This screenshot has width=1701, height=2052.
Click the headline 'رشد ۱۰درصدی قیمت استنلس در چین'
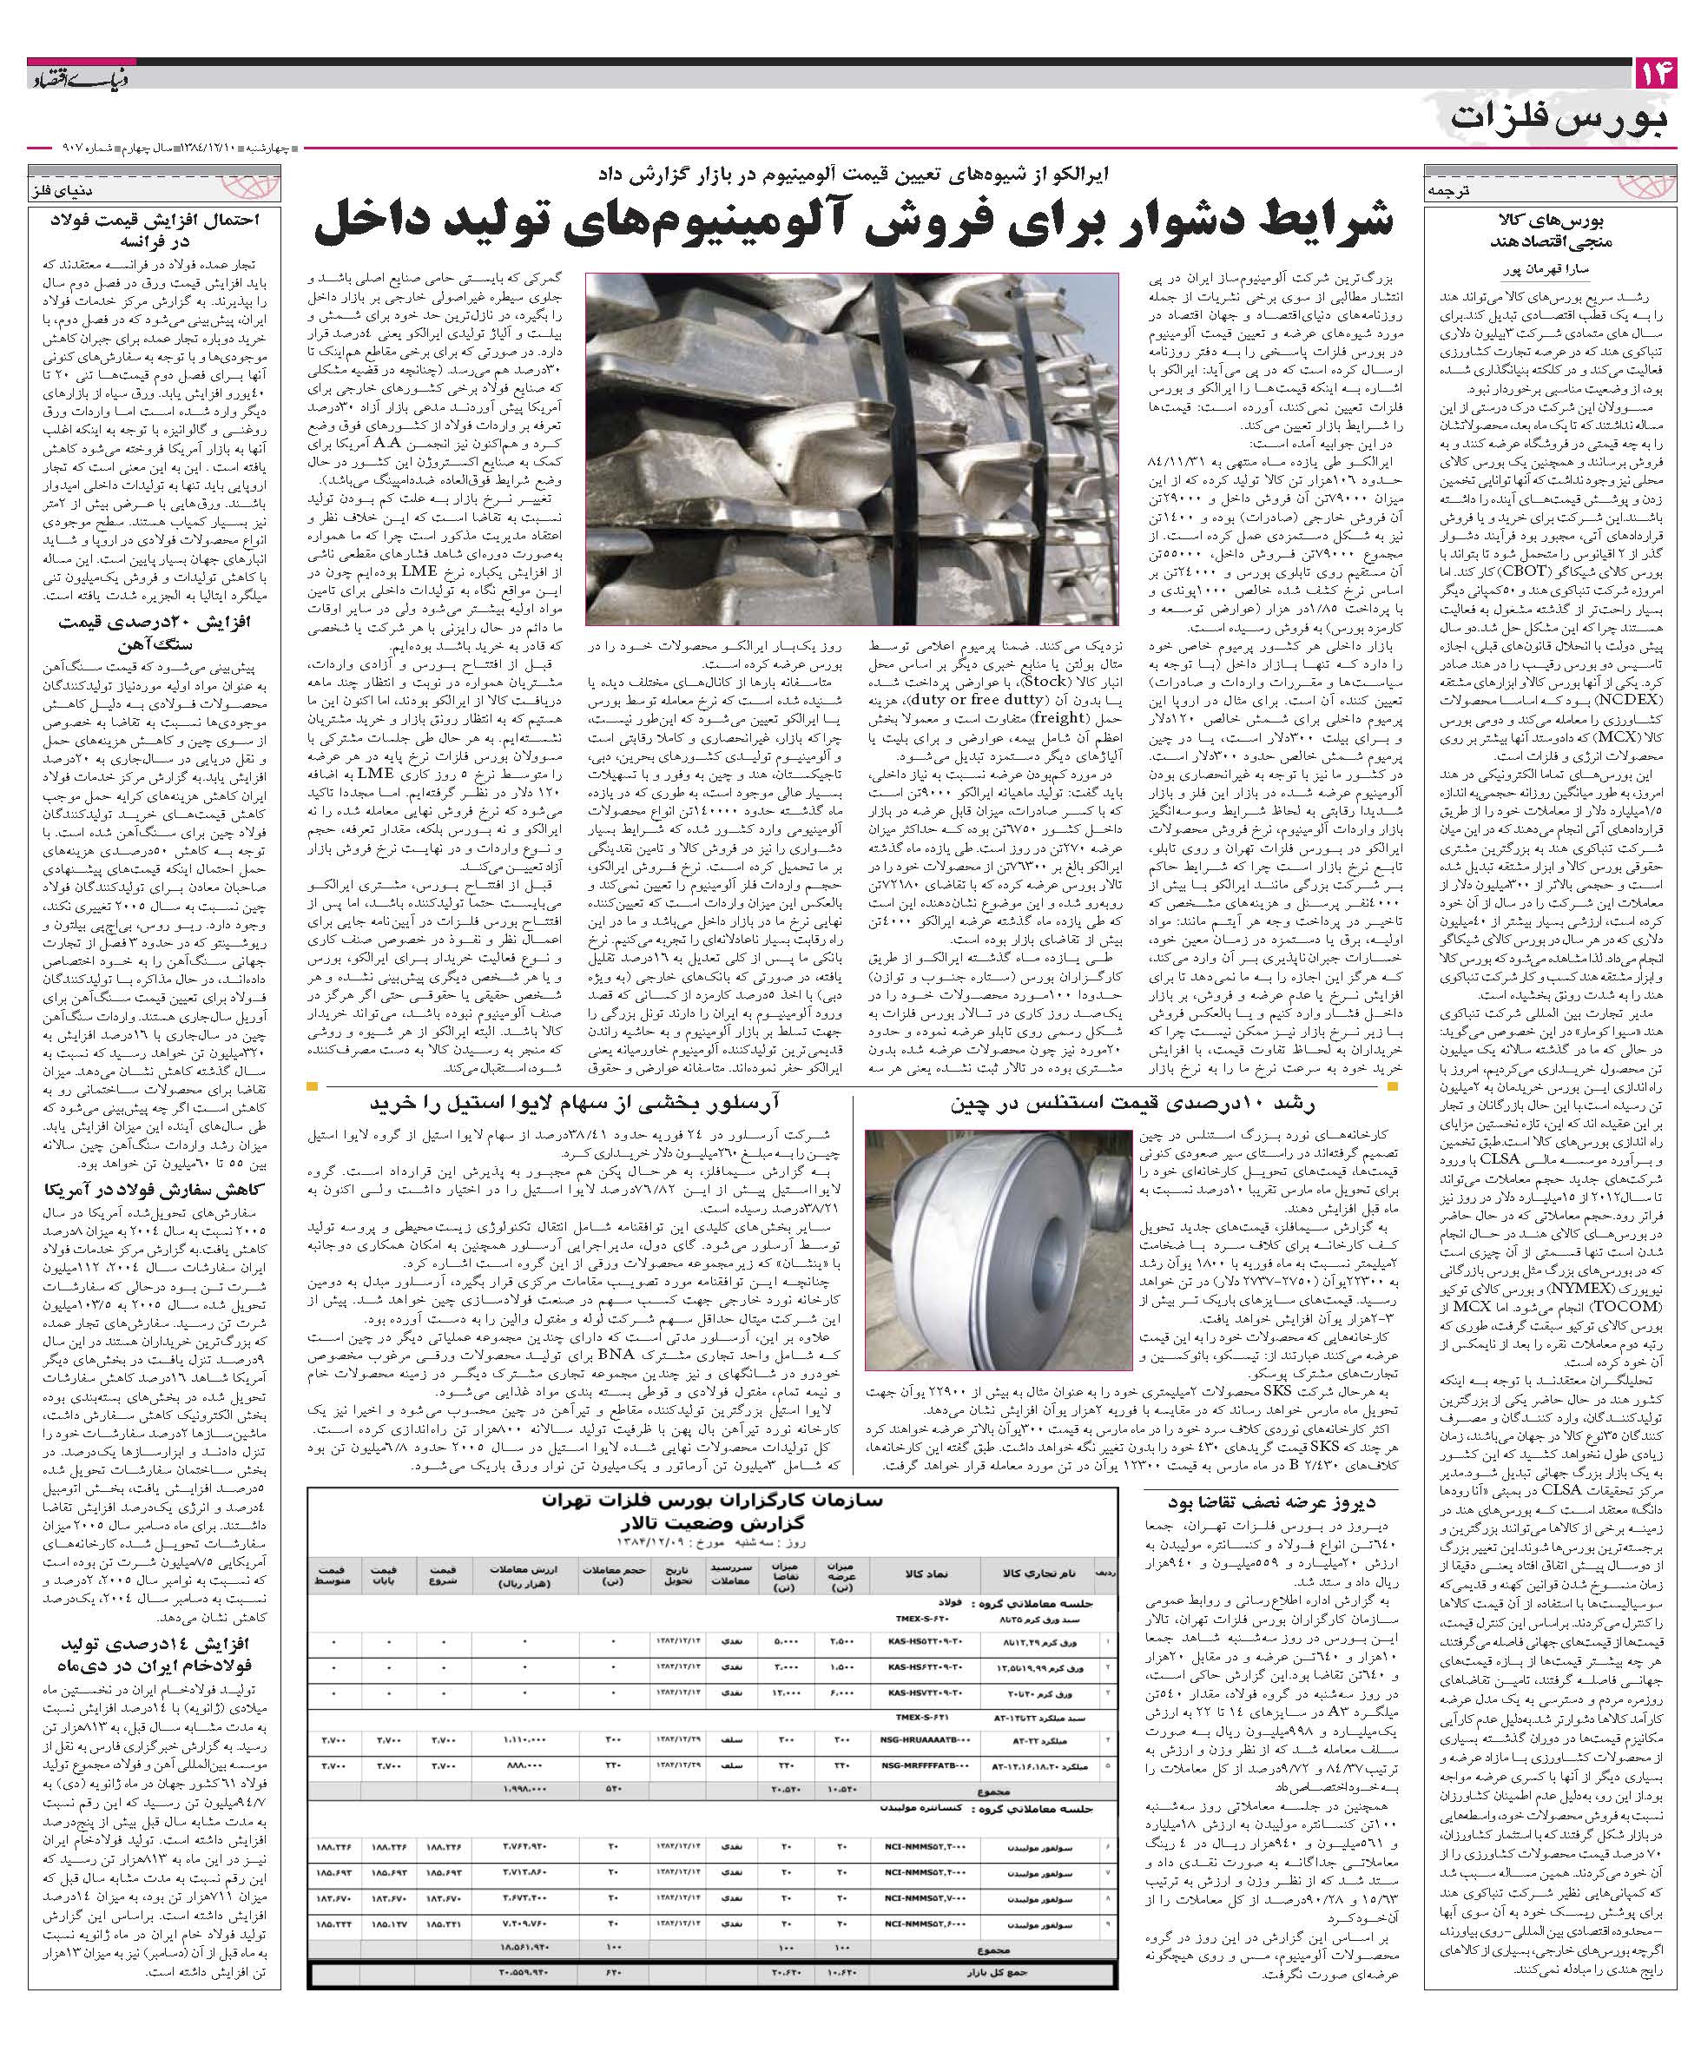tap(1133, 1105)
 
